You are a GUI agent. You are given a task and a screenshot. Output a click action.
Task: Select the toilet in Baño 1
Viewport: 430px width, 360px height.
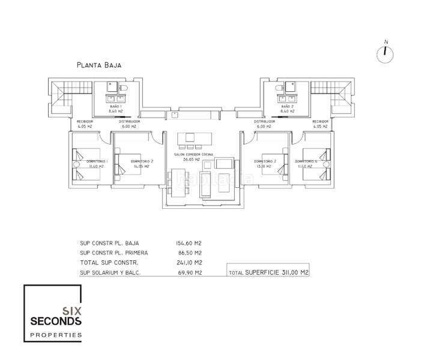124,89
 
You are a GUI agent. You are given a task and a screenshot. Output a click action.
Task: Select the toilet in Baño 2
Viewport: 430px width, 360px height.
280,89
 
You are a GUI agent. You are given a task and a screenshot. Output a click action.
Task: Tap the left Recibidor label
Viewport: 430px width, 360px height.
85,121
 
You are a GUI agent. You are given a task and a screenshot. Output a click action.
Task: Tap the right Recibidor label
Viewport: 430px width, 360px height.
319,121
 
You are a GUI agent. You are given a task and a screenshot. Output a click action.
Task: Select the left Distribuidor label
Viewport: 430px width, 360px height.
129,121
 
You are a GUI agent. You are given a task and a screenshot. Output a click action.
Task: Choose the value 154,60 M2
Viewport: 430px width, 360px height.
189,243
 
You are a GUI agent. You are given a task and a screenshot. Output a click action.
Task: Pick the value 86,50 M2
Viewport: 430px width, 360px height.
188,253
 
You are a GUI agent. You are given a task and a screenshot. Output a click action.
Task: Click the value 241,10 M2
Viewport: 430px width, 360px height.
189,262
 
